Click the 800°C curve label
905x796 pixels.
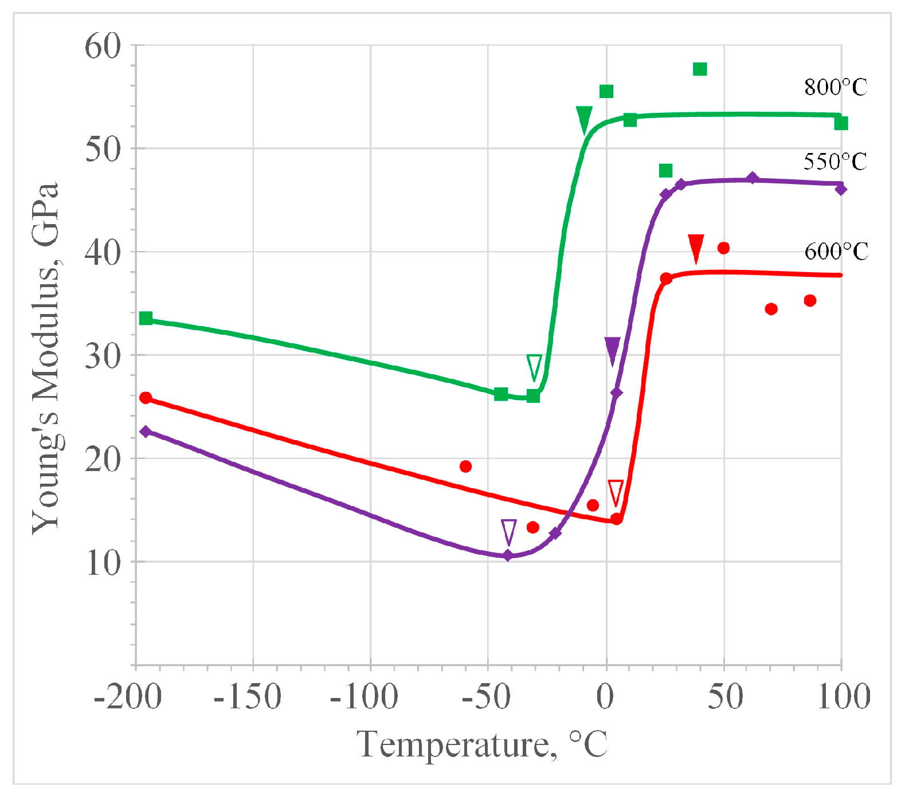pos(835,88)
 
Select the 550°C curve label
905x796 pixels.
pos(835,162)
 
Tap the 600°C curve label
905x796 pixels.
pos(836,252)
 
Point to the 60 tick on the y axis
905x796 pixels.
pos(104,46)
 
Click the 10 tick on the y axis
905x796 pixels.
pos(104,563)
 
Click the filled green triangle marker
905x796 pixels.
pos(584,119)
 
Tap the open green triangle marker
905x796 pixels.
pos(534,367)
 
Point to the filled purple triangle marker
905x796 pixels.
pos(612,350)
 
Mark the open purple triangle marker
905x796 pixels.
pos(508,531)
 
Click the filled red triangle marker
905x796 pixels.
pos(696,247)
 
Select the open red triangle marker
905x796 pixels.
pos(616,492)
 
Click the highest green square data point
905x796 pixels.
pos(700,69)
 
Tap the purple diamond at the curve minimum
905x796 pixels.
pos(508,555)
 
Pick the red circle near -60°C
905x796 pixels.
pos(465,466)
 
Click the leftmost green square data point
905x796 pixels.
pos(146,318)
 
